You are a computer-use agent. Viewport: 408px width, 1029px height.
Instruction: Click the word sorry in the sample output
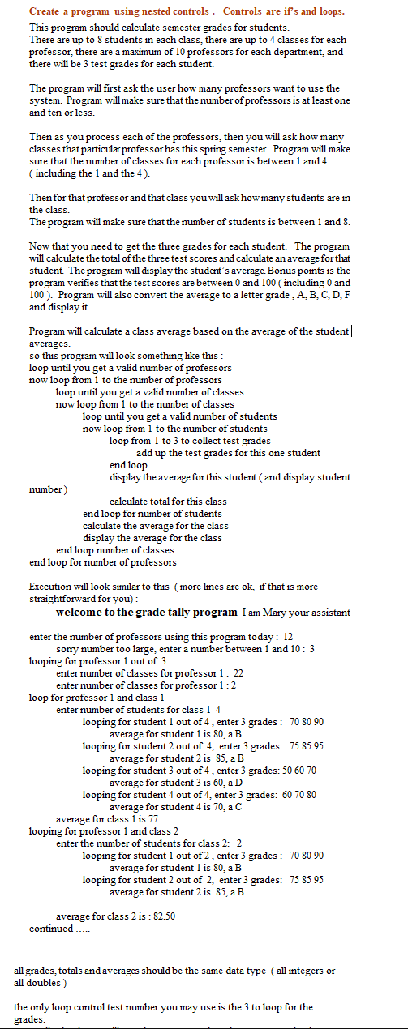68,649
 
